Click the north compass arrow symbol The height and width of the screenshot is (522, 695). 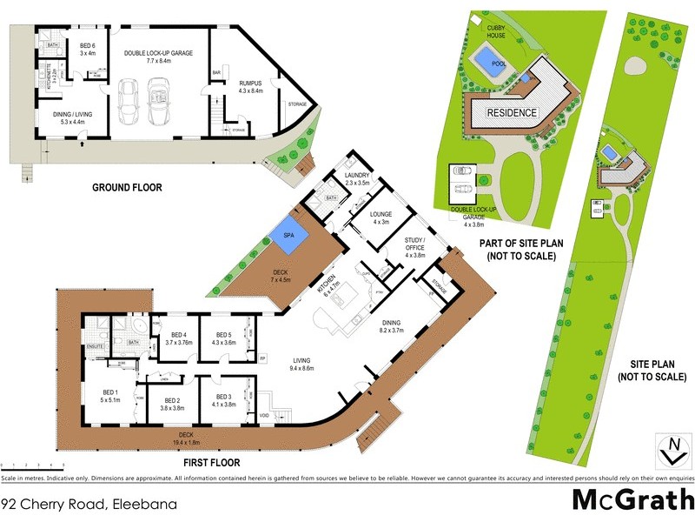point(671,452)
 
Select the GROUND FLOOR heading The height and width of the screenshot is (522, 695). point(127,187)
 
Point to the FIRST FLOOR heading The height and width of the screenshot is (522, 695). point(206,463)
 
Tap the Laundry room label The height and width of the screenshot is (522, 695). point(357,179)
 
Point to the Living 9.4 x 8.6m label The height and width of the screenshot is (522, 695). point(302,364)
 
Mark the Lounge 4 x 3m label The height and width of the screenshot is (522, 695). point(381,217)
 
